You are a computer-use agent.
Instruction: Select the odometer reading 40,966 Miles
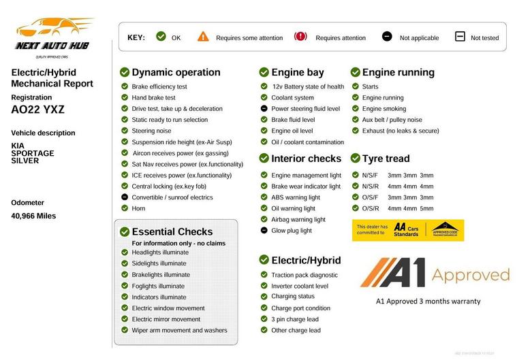point(33,216)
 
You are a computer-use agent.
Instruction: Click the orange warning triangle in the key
point(203,37)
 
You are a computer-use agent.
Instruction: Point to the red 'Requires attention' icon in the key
point(300,37)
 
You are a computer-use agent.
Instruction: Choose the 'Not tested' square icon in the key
point(460,37)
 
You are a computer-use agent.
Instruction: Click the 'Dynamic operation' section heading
point(176,72)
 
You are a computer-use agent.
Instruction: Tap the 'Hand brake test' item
point(153,97)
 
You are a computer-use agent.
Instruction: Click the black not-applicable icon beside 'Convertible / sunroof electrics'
point(125,197)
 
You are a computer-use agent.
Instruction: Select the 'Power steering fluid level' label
point(305,109)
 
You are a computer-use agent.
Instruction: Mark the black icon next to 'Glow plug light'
point(264,231)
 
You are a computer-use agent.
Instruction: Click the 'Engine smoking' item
point(383,109)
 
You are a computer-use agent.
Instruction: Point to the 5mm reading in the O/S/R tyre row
point(426,208)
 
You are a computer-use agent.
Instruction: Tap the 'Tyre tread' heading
point(386,159)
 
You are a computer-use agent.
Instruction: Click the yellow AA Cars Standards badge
point(408,230)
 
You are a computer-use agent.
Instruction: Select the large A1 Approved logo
point(435,272)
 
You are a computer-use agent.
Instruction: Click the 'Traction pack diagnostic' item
point(304,275)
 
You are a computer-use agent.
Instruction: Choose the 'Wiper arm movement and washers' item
point(179,330)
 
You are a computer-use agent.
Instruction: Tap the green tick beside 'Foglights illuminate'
point(125,286)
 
